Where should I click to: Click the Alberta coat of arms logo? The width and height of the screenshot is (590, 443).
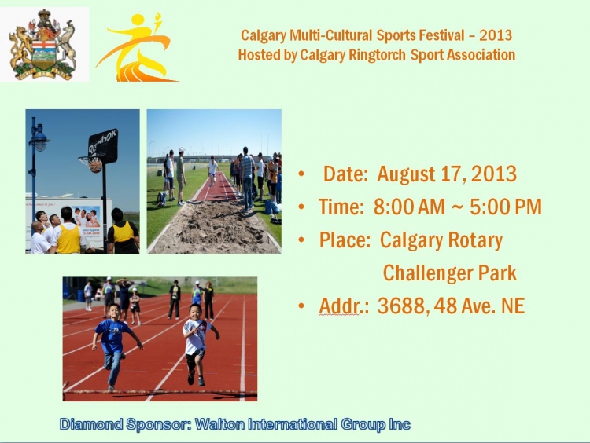[43, 44]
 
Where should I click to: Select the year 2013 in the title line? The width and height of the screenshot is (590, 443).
[496, 35]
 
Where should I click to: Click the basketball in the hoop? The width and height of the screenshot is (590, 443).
[95, 165]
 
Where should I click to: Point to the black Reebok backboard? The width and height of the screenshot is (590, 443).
[103, 146]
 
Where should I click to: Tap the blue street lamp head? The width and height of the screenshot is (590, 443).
[39, 139]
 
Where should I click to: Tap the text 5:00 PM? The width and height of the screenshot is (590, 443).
[505, 207]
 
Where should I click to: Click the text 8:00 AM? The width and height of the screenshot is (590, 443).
[409, 207]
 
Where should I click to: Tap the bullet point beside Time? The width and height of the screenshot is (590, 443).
[301, 207]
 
